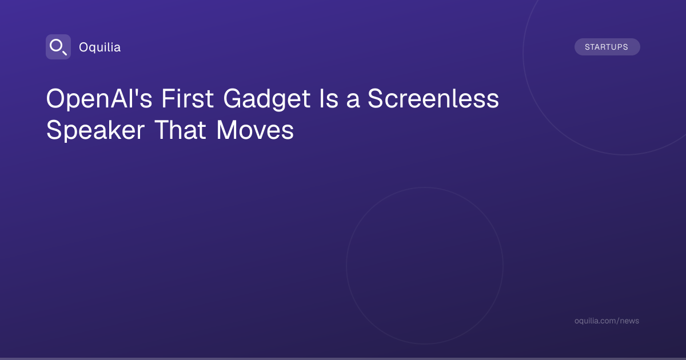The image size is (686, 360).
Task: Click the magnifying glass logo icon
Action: (58, 47)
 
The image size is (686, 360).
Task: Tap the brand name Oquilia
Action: (100, 47)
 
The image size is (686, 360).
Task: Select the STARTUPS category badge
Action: (607, 47)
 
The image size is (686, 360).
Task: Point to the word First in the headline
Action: (188, 98)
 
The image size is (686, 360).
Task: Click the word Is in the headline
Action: (329, 98)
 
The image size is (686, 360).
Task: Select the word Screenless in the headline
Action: (433, 98)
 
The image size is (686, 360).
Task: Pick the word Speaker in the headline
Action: (95, 131)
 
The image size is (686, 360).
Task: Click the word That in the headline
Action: (181, 130)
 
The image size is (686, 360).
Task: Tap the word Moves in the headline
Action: (255, 130)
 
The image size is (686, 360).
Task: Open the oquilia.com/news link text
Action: (607, 321)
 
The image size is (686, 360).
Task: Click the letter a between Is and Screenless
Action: (353, 101)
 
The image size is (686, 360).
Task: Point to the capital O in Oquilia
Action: (84, 47)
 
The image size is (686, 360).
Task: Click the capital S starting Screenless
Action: (376, 98)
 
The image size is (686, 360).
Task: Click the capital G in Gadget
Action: (233, 98)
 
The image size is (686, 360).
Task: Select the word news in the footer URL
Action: (629, 321)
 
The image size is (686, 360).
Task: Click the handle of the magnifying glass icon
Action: (65, 53)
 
